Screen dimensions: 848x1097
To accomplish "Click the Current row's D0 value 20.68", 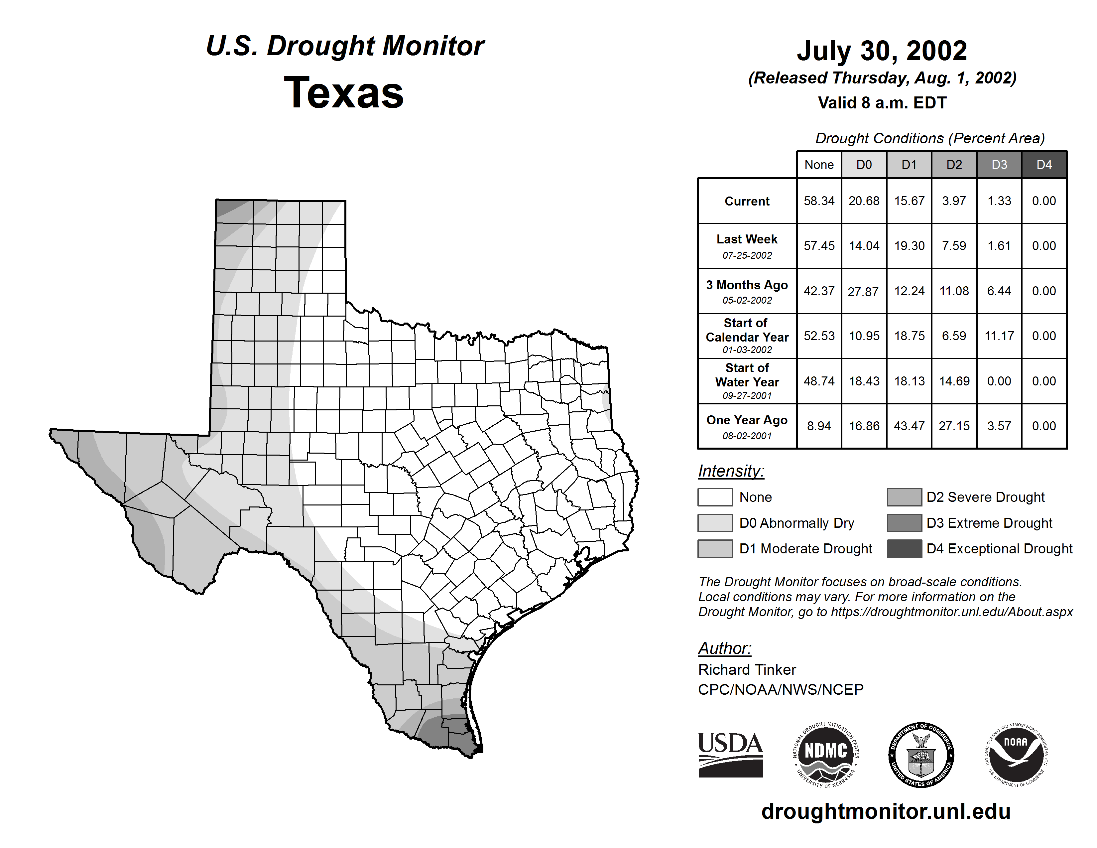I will (x=864, y=201).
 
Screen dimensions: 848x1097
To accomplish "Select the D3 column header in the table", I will (x=999, y=165).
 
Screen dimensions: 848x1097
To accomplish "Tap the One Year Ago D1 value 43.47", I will (x=909, y=426).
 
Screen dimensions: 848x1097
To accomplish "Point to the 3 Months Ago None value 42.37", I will (x=819, y=291).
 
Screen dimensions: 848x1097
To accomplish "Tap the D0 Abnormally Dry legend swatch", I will (x=715, y=523).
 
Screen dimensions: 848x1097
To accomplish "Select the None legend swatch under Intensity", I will (x=715, y=497).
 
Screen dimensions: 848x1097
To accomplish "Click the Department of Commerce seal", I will (x=921, y=755).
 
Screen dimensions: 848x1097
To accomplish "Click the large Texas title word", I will (x=344, y=92).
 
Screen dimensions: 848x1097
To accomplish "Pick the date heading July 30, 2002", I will (x=882, y=51).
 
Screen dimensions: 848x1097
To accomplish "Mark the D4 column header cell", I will (x=1044, y=165).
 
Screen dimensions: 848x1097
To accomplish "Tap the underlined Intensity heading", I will (x=731, y=471).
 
